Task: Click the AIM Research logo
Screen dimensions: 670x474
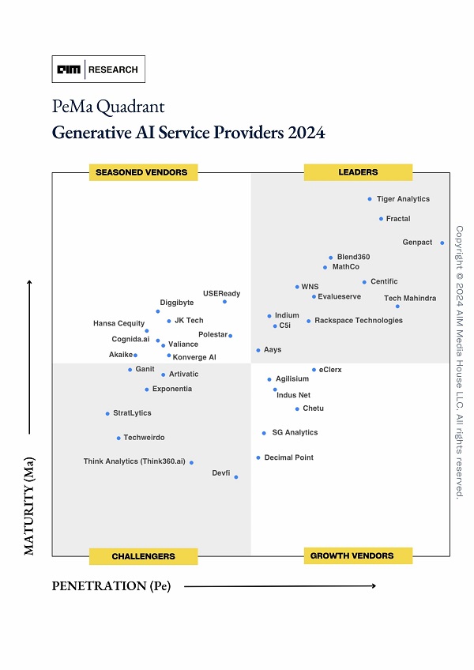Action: coord(98,70)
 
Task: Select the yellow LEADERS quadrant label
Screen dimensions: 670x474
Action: coord(358,172)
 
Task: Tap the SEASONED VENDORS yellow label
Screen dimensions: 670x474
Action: coord(142,172)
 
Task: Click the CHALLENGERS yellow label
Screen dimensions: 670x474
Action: coord(143,556)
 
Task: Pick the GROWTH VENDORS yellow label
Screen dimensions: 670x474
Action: coord(358,555)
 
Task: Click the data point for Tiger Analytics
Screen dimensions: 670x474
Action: coord(370,199)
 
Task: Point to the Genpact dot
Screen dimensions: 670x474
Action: coord(442,243)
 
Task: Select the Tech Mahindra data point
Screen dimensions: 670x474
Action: coord(397,306)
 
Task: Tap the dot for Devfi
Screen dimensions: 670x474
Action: coord(235,476)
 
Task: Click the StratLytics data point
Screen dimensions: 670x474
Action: coord(107,413)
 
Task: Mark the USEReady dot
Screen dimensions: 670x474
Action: coord(224,301)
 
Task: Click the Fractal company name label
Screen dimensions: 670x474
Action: coord(398,219)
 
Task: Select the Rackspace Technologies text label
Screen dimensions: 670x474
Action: coord(359,321)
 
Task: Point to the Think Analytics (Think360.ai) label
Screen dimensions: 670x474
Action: coord(134,461)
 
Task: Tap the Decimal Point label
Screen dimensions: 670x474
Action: coord(289,457)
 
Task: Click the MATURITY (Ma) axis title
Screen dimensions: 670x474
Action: coord(30,506)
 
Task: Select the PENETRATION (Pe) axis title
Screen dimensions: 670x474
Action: coord(111,585)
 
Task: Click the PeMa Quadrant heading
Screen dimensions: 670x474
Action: coord(108,107)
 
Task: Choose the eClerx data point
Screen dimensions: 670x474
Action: coord(314,370)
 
